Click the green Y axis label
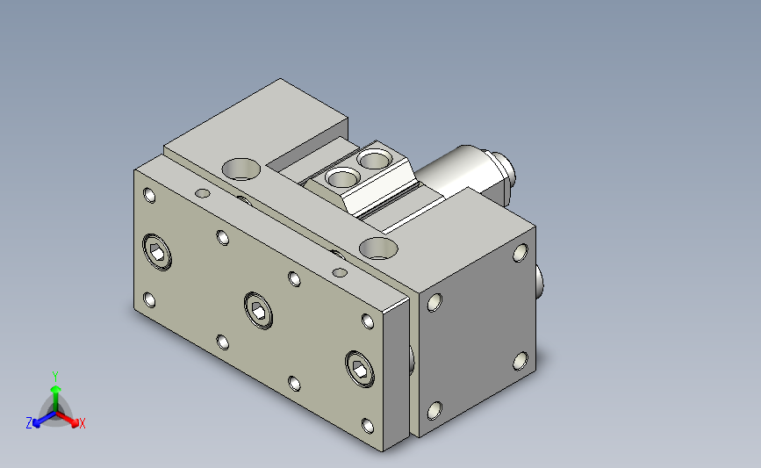pos(55,377)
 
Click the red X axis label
pos(82,423)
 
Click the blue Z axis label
pos(29,423)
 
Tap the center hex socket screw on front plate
pos(258,311)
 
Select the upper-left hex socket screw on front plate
pos(157,251)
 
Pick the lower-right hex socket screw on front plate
pos(360,369)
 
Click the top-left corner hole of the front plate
pos(149,195)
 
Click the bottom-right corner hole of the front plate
pos(368,426)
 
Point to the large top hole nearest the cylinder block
pos(378,248)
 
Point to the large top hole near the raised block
pos(241,169)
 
